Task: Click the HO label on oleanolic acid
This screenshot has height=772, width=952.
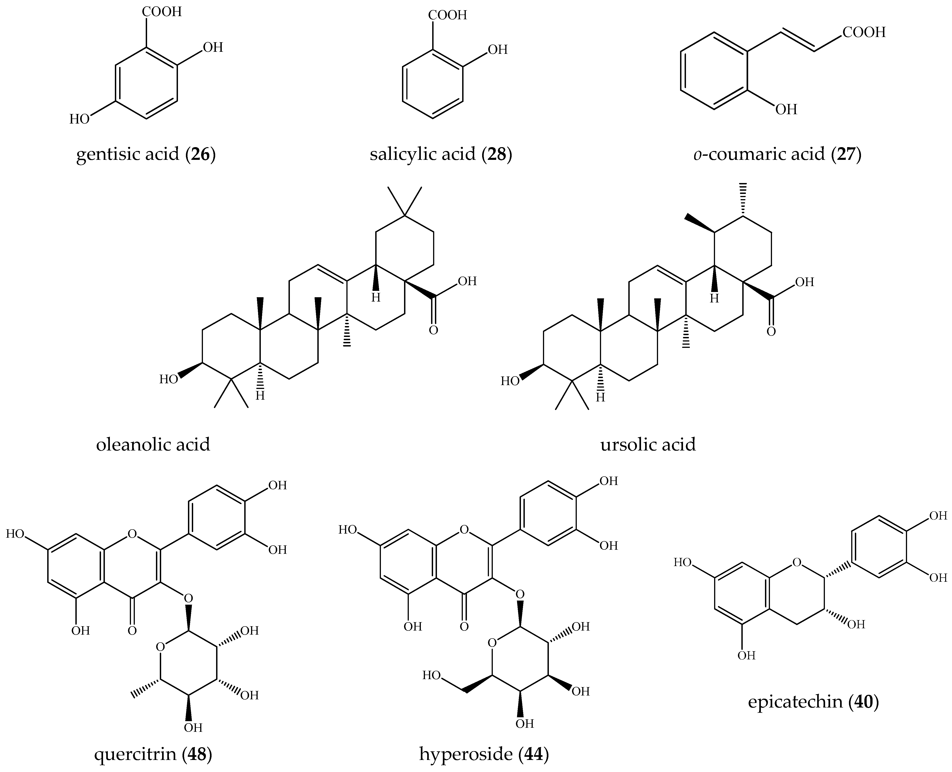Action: tap(168, 379)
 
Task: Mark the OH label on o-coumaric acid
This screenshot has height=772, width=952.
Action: tap(786, 109)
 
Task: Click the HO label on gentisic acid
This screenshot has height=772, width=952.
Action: tap(79, 119)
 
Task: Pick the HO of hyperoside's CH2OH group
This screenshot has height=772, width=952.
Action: tap(431, 675)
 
